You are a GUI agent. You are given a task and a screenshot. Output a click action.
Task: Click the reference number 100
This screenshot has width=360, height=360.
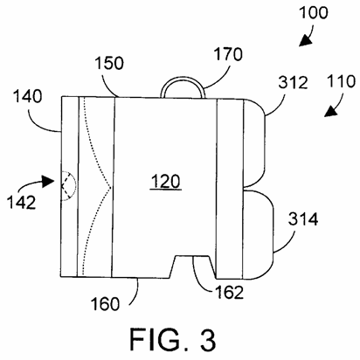[314, 13]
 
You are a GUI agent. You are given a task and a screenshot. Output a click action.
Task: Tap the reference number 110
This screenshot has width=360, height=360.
[341, 81]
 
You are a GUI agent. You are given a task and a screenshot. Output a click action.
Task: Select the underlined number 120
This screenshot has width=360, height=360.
[166, 182]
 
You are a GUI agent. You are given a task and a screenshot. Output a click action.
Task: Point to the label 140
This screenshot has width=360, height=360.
[28, 96]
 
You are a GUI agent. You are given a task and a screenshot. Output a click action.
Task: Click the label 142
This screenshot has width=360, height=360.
[21, 202]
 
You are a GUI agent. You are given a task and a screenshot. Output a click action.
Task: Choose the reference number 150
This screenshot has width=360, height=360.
[109, 63]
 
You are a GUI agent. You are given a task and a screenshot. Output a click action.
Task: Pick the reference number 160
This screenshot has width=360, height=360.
[105, 304]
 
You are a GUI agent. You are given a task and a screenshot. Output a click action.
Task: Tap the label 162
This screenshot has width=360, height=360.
[229, 292]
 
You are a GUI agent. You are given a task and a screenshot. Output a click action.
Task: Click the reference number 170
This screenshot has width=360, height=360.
[228, 54]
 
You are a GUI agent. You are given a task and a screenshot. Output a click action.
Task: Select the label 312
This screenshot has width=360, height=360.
[293, 82]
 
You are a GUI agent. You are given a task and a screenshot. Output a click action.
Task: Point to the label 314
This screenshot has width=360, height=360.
[303, 219]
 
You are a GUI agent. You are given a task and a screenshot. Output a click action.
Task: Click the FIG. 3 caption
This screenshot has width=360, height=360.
[173, 340]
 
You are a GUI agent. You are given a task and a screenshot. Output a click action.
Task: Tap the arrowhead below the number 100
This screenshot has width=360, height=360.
[304, 42]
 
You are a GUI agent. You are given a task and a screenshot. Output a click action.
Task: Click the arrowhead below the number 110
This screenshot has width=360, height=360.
[330, 112]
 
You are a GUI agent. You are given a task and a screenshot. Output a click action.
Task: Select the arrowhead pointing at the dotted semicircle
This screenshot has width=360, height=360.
[48, 181]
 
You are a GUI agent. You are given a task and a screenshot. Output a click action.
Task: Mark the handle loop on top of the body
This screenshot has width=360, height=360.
[183, 79]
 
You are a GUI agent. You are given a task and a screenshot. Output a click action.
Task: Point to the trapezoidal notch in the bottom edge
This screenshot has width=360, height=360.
[192, 267]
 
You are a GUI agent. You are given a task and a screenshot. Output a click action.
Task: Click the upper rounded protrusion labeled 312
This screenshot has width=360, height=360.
[254, 142]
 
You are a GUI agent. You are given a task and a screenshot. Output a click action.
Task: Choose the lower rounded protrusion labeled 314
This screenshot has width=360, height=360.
[258, 235]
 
